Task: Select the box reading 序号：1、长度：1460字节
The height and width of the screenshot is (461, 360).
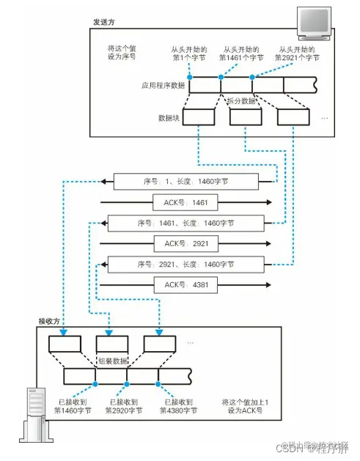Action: click(189, 181)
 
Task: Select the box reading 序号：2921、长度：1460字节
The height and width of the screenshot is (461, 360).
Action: click(188, 263)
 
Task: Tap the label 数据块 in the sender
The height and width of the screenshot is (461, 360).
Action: click(169, 117)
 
